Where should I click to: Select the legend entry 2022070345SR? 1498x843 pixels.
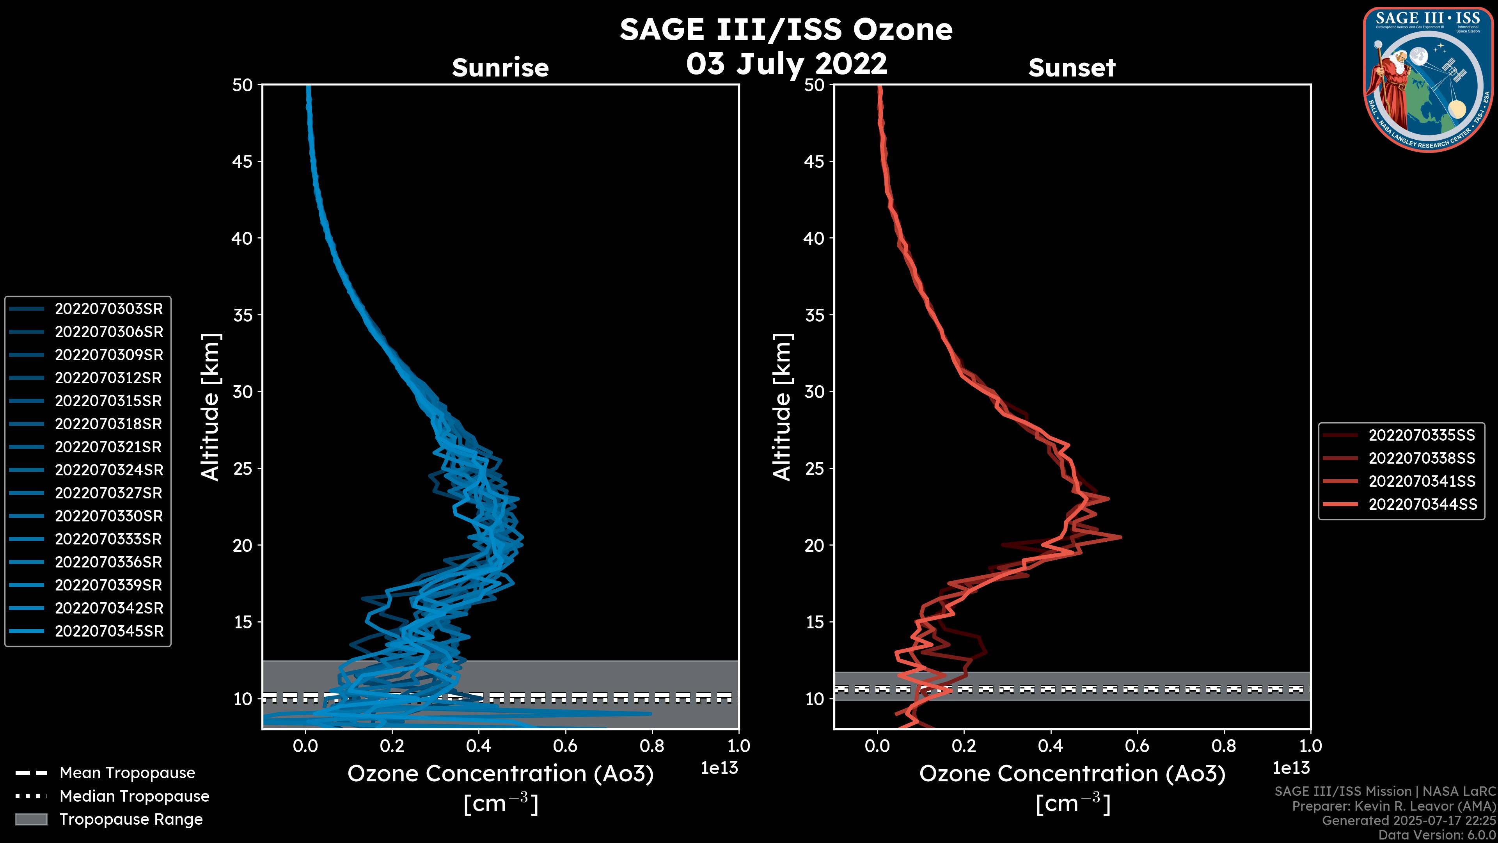109,631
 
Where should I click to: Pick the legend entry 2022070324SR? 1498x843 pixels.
109,470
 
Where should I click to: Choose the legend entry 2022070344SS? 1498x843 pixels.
1422,504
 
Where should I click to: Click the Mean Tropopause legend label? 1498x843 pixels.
127,773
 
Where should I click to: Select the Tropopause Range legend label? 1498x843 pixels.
131,819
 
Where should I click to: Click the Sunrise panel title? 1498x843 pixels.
500,68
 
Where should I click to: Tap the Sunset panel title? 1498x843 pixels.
1072,68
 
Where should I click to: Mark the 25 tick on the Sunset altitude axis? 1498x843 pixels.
814,468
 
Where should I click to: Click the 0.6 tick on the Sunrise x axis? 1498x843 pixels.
565,746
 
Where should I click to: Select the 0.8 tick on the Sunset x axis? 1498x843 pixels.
1223,746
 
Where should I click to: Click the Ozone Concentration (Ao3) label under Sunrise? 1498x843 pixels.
500,774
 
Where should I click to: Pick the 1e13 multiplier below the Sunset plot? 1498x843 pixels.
1291,768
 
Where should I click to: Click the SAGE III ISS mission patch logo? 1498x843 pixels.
1428,80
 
